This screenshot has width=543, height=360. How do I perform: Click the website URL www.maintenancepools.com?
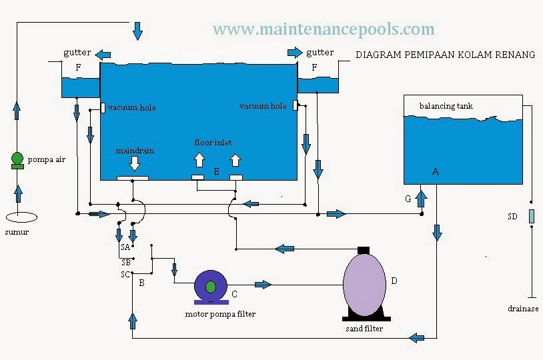click(x=324, y=29)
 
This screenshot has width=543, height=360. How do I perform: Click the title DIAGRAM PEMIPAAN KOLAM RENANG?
click(x=445, y=55)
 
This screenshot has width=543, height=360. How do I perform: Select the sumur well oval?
click(x=21, y=217)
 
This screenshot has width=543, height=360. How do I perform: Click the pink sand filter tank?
click(x=364, y=283)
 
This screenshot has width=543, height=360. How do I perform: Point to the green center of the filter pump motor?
click(x=211, y=287)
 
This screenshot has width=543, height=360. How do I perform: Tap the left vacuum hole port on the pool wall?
click(x=103, y=107)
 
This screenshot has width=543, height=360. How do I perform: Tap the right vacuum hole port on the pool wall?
click(x=294, y=105)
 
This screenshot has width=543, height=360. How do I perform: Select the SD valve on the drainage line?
click(x=531, y=216)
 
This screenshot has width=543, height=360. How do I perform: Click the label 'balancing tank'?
click(x=446, y=106)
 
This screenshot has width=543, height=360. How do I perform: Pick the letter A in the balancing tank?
click(x=436, y=171)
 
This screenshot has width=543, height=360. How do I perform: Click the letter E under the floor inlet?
click(x=216, y=171)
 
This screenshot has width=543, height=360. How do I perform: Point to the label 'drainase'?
click(x=522, y=309)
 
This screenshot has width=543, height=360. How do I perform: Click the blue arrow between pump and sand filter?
click(x=263, y=285)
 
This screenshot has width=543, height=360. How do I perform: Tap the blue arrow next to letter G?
click(x=421, y=198)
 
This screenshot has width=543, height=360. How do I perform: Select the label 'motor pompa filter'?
click(x=220, y=314)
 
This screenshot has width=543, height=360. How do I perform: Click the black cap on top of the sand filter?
click(x=364, y=250)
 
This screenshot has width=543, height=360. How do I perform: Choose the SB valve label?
click(x=125, y=262)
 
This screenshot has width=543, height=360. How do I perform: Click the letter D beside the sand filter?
click(x=394, y=281)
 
